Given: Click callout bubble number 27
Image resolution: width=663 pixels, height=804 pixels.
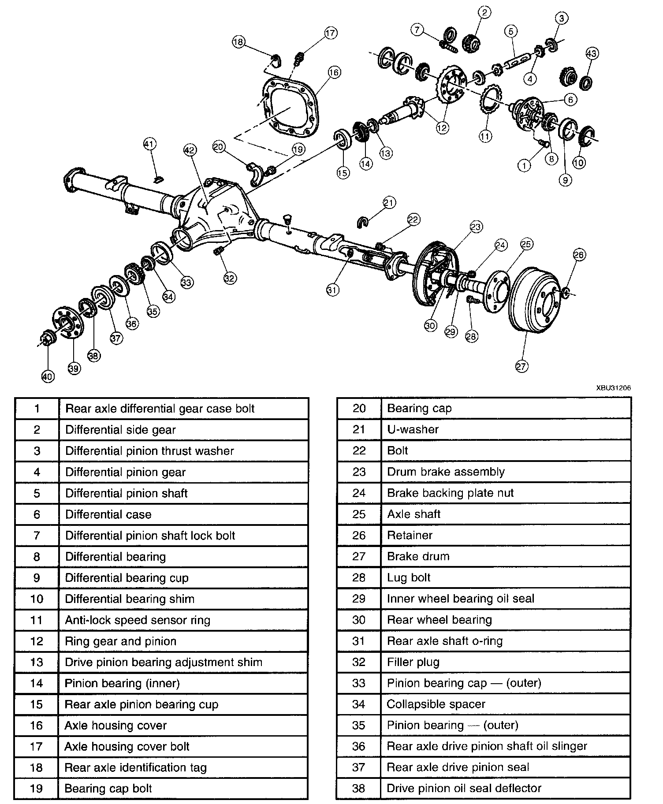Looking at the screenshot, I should (x=521, y=366).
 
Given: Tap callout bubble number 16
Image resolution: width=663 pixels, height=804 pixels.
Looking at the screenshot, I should (x=334, y=72).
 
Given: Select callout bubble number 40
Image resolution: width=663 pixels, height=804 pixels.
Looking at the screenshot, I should (x=48, y=376).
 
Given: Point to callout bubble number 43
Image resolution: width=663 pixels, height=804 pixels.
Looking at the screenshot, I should (x=592, y=54).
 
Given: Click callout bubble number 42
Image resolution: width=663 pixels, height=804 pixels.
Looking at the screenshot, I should (x=189, y=150).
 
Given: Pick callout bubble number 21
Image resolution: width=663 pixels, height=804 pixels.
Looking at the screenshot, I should (x=389, y=203).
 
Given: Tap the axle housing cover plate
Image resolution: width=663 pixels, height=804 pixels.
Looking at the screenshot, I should (x=289, y=108).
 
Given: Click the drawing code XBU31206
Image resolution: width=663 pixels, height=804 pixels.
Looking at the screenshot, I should (x=613, y=388).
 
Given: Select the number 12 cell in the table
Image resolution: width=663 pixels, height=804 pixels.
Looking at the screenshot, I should (x=37, y=641).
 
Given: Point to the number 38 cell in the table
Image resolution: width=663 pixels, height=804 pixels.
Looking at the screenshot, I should (x=359, y=789).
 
